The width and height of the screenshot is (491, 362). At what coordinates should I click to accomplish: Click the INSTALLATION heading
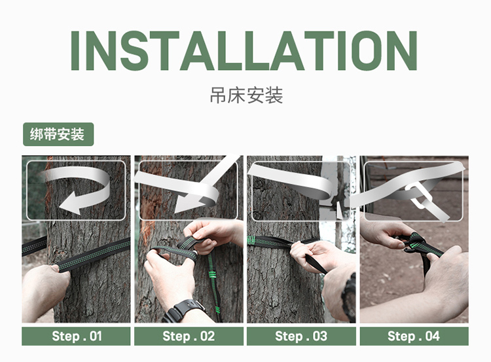tap(244, 50)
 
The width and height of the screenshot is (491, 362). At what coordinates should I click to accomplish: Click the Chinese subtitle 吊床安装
tap(246, 96)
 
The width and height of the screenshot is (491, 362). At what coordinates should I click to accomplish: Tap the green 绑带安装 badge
tap(58, 134)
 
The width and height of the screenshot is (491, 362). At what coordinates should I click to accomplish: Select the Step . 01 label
tap(77, 336)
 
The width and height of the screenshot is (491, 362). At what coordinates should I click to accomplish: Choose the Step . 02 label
tap(189, 336)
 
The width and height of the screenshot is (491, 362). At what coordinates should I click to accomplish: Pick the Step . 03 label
tap(301, 336)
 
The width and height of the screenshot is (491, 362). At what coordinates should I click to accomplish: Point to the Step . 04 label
tap(414, 336)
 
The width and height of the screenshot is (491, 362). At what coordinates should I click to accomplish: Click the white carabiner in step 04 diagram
tap(419, 196)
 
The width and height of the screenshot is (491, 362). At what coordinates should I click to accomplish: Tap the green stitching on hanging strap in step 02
tap(214, 275)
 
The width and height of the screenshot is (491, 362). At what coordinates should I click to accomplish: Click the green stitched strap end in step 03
tap(251, 240)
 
